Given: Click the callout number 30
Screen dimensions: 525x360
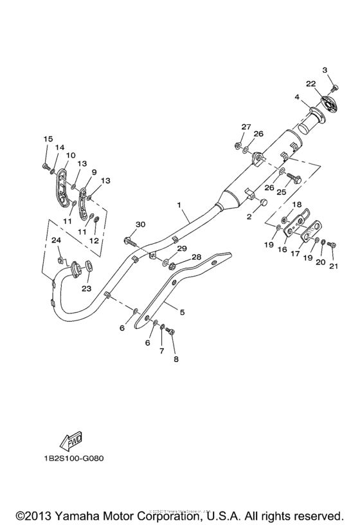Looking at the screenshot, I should (x=140, y=224).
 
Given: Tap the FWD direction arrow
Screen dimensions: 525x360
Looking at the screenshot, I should (x=69, y=441).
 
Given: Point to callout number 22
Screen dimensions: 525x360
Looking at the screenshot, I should (x=310, y=84).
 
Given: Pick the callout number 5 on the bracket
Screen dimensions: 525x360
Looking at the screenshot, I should (x=182, y=313).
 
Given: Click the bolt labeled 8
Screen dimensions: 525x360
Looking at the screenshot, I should (x=170, y=331).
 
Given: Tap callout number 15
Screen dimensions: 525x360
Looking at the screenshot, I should (x=47, y=139).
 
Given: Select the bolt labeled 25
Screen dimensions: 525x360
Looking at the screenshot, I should (x=295, y=178).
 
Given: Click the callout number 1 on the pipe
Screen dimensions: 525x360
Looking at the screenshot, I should (x=181, y=205).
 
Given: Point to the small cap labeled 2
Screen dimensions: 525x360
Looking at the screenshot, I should (x=262, y=204).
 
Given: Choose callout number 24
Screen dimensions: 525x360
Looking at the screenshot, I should (x=56, y=240).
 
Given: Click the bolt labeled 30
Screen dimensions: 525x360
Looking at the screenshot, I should (x=132, y=242).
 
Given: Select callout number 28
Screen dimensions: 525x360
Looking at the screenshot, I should (x=196, y=257).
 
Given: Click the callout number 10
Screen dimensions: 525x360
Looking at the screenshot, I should (x=71, y=155).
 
